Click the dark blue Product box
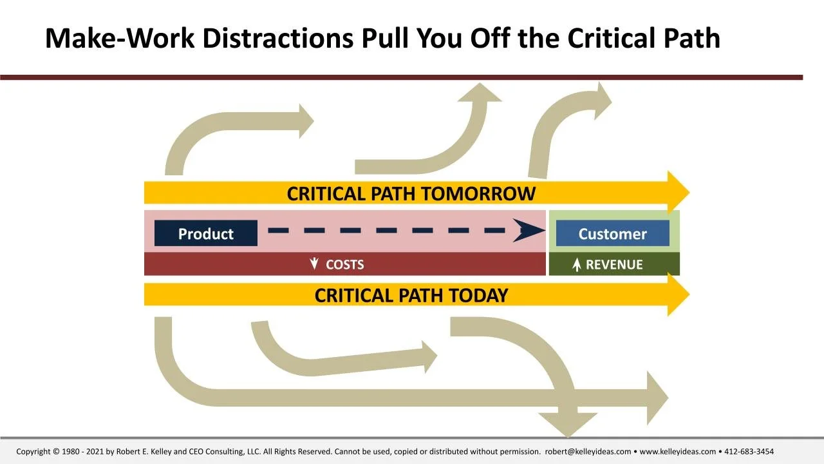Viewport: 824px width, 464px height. (205, 233)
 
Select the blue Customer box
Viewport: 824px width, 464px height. (612, 233)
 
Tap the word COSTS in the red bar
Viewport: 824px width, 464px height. (344, 264)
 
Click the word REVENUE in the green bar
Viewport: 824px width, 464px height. (614, 264)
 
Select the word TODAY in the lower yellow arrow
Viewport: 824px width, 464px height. (478, 295)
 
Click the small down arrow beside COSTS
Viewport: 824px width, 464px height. (314, 264)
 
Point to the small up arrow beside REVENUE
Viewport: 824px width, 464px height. (577, 265)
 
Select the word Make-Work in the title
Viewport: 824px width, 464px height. (119, 39)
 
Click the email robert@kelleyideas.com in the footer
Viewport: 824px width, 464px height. (588, 452)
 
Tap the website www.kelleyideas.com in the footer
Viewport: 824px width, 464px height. (677, 452)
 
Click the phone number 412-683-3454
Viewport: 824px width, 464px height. (749, 452)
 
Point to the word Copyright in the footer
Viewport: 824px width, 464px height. (33, 452)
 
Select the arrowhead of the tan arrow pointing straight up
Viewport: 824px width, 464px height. (479, 93)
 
